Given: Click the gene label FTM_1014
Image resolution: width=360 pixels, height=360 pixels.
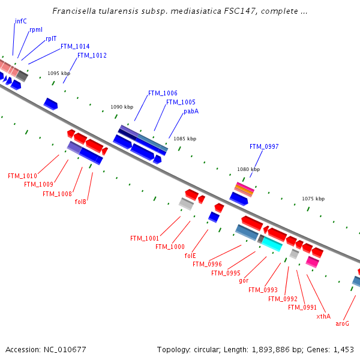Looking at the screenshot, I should pos(75,46).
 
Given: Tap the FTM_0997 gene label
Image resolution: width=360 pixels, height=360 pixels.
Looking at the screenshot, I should pos(264,146).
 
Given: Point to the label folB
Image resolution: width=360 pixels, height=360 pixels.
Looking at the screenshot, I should pos(80,202).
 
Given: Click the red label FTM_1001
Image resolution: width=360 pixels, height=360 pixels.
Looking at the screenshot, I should pos(145,238).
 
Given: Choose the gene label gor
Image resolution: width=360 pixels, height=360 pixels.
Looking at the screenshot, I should pos(244,280).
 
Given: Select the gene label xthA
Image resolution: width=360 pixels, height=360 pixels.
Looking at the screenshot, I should pos(323,316).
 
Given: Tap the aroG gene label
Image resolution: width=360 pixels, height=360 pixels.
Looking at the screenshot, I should pos(342,323).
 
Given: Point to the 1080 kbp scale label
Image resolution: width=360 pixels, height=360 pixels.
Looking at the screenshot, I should pos(248,169).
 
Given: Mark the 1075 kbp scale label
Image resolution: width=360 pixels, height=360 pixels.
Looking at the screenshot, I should pos(313,199).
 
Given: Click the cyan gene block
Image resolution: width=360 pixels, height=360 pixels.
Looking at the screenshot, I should pos(272,243).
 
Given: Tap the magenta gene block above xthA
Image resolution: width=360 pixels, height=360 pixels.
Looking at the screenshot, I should pos(312,262).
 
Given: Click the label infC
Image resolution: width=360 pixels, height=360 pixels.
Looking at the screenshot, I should pos(21,21).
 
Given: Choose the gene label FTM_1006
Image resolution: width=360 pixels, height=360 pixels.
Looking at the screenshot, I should pos(163,93).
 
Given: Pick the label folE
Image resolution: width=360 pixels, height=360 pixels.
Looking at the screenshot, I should pos(190,255).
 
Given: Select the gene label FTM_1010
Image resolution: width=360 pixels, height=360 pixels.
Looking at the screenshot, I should pos(22,176).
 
